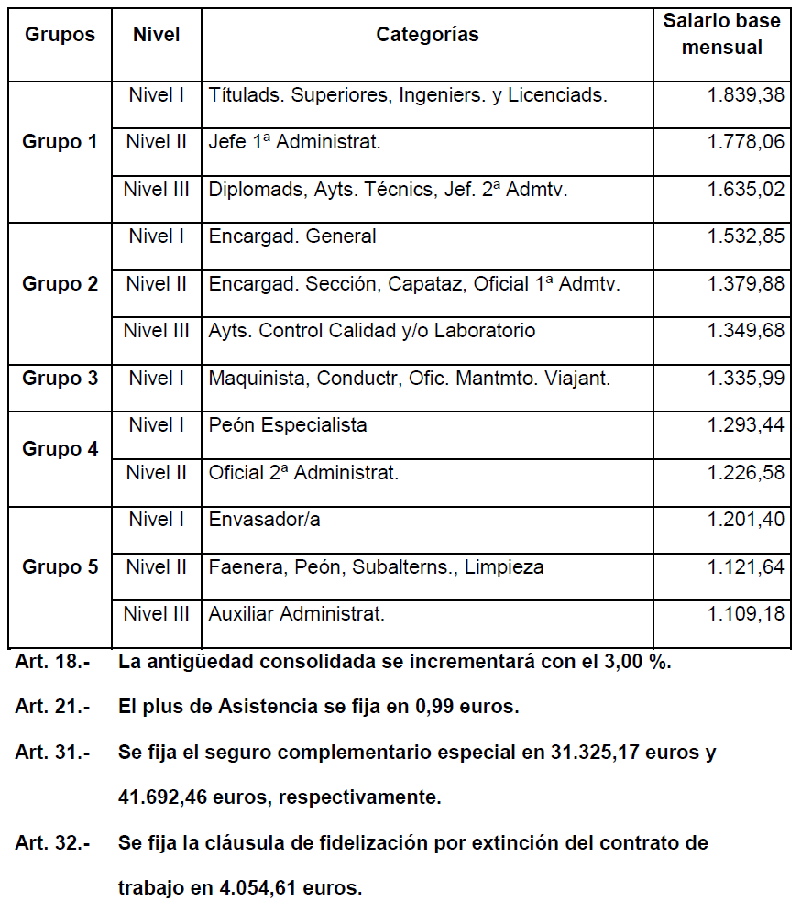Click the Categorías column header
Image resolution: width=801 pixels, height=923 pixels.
pyautogui.click(x=427, y=36)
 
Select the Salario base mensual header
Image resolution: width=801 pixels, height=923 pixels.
pyautogui.click(x=721, y=35)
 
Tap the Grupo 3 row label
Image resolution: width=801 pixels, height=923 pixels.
pyautogui.click(x=60, y=379)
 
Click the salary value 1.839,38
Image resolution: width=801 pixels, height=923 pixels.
pyautogui.click(x=745, y=95)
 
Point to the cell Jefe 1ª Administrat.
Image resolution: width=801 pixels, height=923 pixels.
pyautogui.click(x=294, y=142)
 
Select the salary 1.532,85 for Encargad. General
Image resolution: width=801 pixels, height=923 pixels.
pyautogui.click(x=745, y=236)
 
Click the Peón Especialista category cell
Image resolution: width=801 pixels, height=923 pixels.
pyautogui.click(x=288, y=425)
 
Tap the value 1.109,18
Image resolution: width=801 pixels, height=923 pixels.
pyautogui.click(x=745, y=614)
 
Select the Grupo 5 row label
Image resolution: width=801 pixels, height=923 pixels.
pyautogui.click(x=60, y=567)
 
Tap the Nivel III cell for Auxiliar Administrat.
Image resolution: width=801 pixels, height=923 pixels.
pyautogui.click(x=157, y=614)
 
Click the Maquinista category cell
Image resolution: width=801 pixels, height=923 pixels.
pyautogui.click(x=409, y=379)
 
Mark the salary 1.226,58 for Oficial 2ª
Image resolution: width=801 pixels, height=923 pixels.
pyautogui.click(x=745, y=473)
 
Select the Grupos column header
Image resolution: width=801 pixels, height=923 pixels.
pyautogui.click(x=60, y=36)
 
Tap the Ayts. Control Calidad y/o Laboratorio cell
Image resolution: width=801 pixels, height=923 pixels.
pyautogui.click(x=372, y=331)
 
